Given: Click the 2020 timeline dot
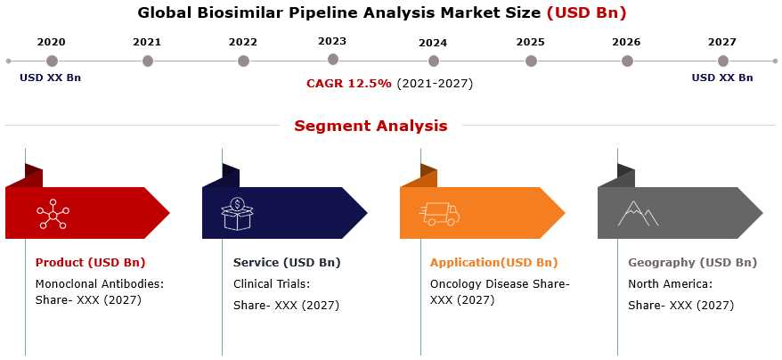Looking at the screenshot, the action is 52,61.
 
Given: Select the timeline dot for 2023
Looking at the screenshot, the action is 333,60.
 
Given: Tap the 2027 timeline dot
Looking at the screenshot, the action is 722,61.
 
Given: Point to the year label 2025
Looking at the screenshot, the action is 530,43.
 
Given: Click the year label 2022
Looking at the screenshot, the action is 243,43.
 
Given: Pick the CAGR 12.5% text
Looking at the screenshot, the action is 348,84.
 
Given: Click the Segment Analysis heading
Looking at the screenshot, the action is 371,126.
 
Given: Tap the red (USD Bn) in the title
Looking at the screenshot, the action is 586,13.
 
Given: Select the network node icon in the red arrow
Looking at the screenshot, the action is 53,213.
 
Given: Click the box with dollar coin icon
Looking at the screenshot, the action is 238,213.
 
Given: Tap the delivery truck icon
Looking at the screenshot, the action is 439,214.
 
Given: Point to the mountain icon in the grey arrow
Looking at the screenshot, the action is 638,214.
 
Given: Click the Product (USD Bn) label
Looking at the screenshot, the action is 90,263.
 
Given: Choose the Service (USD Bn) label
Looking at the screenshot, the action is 287,263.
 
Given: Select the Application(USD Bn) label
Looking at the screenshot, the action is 493,263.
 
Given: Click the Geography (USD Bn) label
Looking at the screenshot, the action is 692,263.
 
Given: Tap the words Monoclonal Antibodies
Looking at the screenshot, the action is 98,284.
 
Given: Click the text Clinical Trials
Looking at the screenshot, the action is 270,284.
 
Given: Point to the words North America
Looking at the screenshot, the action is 668,284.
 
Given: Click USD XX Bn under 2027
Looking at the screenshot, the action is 722,78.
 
